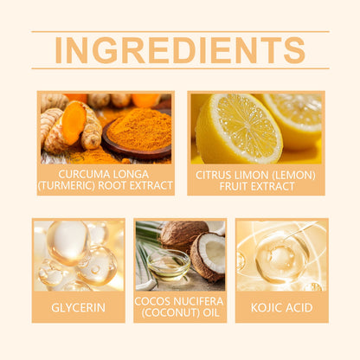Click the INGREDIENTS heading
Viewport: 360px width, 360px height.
coord(180,50)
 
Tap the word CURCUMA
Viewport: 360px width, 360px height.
coord(77,174)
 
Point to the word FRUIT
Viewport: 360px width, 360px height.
coord(234,186)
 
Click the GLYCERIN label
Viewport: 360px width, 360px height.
coord(79,307)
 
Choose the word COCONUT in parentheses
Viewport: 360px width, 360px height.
coord(170,312)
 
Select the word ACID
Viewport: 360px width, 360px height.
coord(299,307)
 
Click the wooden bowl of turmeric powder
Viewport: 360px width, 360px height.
coord(137,136)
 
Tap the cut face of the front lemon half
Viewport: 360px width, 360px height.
coord(245,125)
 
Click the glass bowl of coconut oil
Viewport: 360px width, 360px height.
coord(169,265)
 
